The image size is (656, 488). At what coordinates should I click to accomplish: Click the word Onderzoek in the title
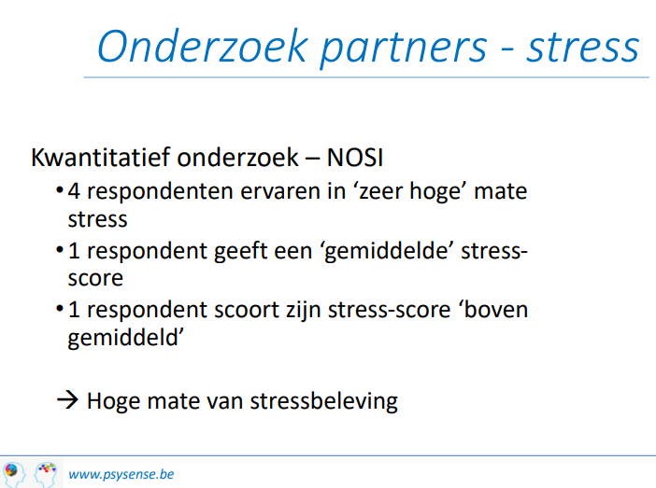203,47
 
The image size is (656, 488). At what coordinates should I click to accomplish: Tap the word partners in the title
404,49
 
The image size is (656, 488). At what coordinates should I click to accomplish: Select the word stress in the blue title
582,48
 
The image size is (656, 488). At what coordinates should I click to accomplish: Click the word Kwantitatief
100,158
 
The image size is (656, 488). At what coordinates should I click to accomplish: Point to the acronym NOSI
355,158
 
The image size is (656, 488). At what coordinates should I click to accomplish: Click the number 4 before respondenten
74,191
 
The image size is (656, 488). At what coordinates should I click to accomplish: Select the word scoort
246,311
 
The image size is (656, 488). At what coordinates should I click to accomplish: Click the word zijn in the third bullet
304,312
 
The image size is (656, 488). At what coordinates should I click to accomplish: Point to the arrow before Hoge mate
67,400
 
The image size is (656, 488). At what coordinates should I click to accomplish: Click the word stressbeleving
324,402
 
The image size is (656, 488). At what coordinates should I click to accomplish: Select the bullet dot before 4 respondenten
60,191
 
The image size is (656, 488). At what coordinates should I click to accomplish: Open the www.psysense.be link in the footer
121,475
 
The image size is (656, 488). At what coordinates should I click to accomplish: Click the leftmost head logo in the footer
13,475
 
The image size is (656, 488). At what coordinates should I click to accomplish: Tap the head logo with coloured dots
46,475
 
